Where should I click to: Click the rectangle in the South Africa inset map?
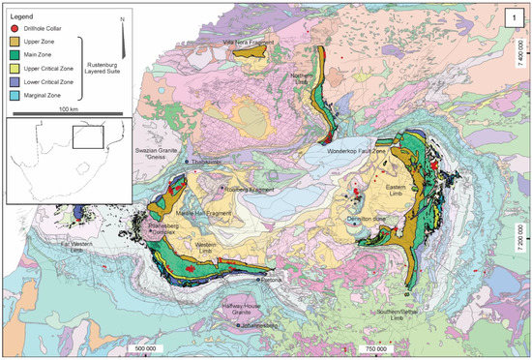(88, 137)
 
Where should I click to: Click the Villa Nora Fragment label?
(246, 43)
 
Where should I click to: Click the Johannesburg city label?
(260, 325)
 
